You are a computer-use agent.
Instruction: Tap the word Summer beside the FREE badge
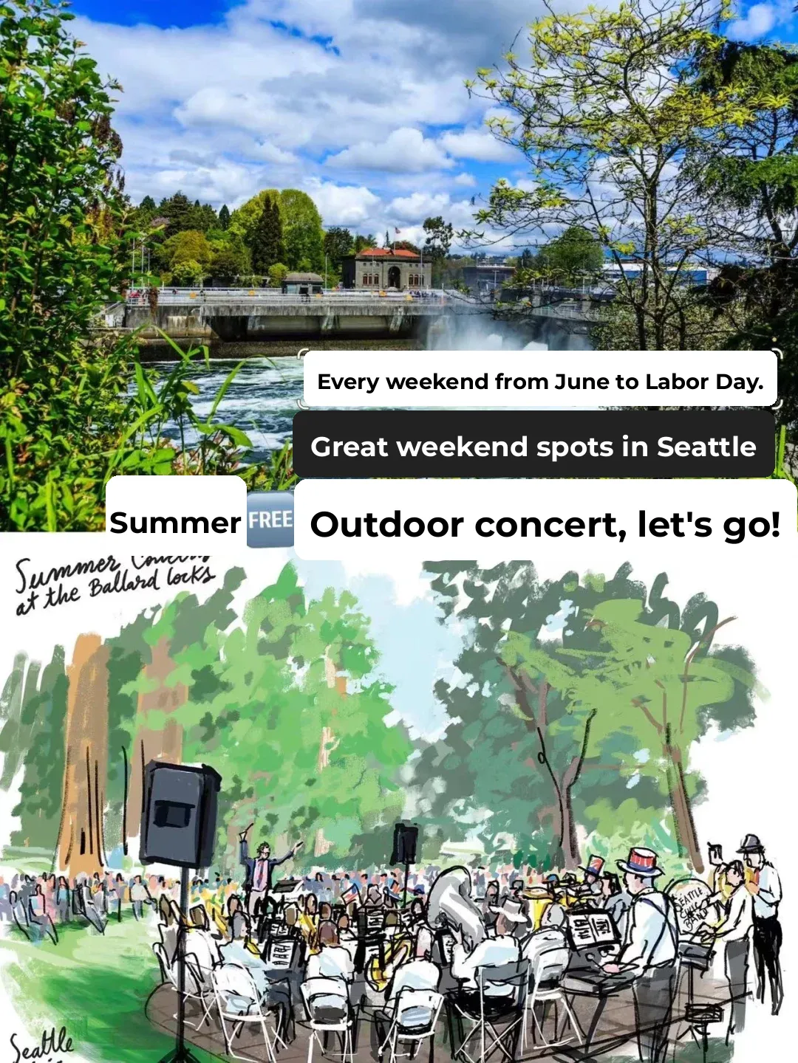click(175, 523)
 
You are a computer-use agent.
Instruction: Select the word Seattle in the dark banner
click(706, 447)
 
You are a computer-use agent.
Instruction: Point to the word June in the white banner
click(582, 382)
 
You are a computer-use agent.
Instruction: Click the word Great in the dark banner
click(348, 447)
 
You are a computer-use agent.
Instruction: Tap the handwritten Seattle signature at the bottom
click(42, 1044)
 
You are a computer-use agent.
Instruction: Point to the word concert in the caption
click(549, 525)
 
